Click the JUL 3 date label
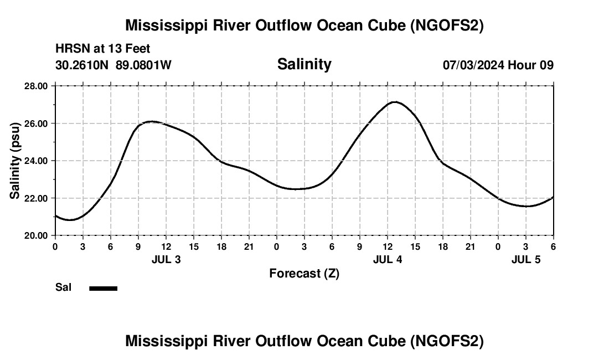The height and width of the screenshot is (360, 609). [x=166, y=259]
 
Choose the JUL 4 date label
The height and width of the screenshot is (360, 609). [x=388, y=259]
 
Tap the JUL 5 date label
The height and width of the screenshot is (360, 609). [x=526, y=259]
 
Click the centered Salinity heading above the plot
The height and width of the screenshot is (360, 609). [x=304, y=64]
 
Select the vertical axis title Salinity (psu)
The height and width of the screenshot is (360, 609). [x=15, y=161]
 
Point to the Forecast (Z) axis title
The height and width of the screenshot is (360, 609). [x=304, y=273]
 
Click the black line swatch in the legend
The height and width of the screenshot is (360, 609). [x=103, y=288]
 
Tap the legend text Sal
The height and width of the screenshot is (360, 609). [x=64, y=287]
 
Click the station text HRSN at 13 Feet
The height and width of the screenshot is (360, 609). [x=103, y=49]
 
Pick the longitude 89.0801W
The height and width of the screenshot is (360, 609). [x=143, y=65]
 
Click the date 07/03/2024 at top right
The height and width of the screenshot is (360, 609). [x=473, y=65]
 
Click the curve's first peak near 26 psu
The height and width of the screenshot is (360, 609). [x=152, y=121]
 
